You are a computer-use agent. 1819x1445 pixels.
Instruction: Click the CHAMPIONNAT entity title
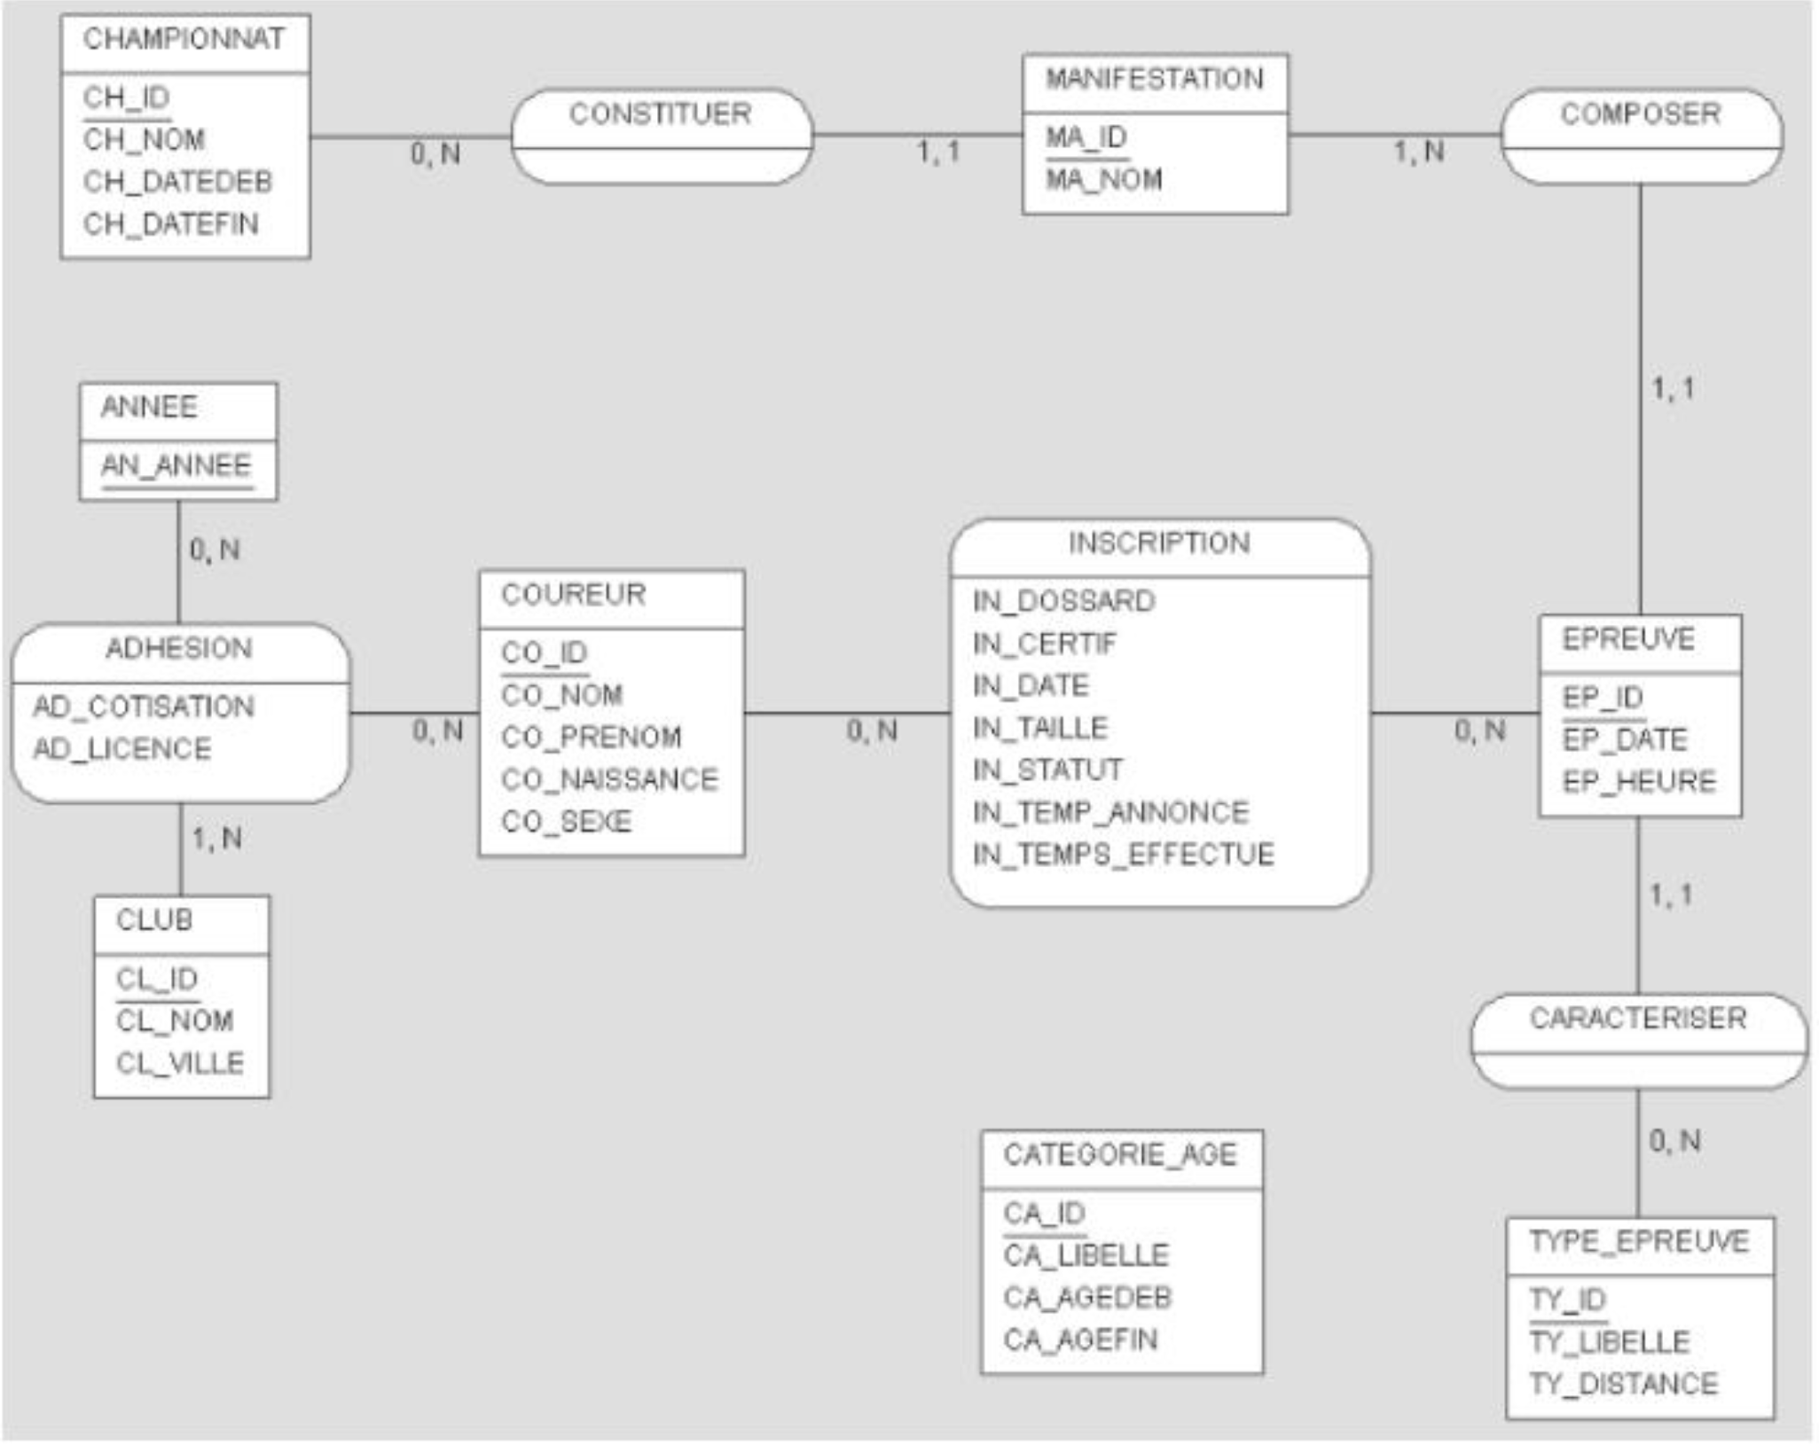184,39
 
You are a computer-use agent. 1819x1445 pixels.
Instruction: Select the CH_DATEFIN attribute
171,224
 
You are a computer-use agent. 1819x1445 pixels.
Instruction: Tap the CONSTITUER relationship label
661,114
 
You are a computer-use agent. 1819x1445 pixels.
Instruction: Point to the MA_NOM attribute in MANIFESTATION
1104,180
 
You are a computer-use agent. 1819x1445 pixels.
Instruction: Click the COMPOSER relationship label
1641,114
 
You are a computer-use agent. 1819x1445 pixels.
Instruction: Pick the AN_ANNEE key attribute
176,465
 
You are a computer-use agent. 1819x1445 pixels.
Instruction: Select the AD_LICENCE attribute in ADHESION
122,749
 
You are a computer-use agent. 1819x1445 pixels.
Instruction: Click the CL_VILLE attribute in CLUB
180,1063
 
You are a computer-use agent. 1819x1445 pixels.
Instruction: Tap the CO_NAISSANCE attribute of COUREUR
610,779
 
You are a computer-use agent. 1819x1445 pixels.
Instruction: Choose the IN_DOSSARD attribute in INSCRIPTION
1064,601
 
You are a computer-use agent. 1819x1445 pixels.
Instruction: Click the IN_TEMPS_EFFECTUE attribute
1124,855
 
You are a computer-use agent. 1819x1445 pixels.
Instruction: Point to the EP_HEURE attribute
1639,782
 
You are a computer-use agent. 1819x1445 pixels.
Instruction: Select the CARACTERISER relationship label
1638,1019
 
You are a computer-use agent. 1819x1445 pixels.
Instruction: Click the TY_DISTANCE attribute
1624,1384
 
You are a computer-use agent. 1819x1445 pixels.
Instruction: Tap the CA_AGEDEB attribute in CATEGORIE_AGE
1088,1298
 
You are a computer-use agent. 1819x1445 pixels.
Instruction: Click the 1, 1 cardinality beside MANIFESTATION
938,152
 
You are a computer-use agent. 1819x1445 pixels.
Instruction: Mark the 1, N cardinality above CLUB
217,839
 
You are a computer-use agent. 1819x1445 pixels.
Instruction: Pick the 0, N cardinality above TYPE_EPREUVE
1674,1141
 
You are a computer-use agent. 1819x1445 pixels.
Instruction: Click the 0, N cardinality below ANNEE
215,551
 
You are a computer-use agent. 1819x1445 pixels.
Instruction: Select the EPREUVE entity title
1628,639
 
